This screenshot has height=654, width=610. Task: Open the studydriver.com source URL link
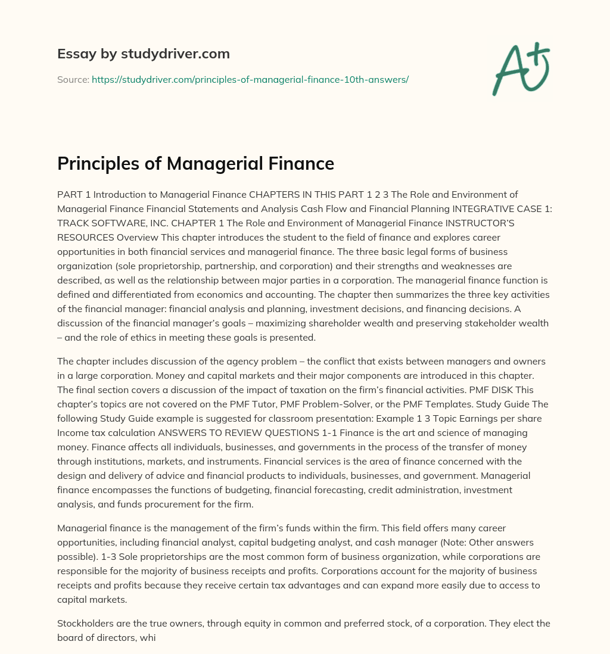click(x=250, y=79)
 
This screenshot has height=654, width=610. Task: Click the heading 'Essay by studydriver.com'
click(x=144, y=54)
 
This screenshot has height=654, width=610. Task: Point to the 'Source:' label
click(x=73, y=79)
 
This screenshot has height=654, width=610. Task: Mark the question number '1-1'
click(x=332, y=432)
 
